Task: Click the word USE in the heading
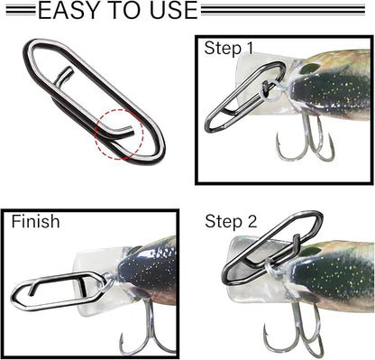pos(167,11)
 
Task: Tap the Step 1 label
pos(230,48)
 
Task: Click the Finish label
pos(36,221)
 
